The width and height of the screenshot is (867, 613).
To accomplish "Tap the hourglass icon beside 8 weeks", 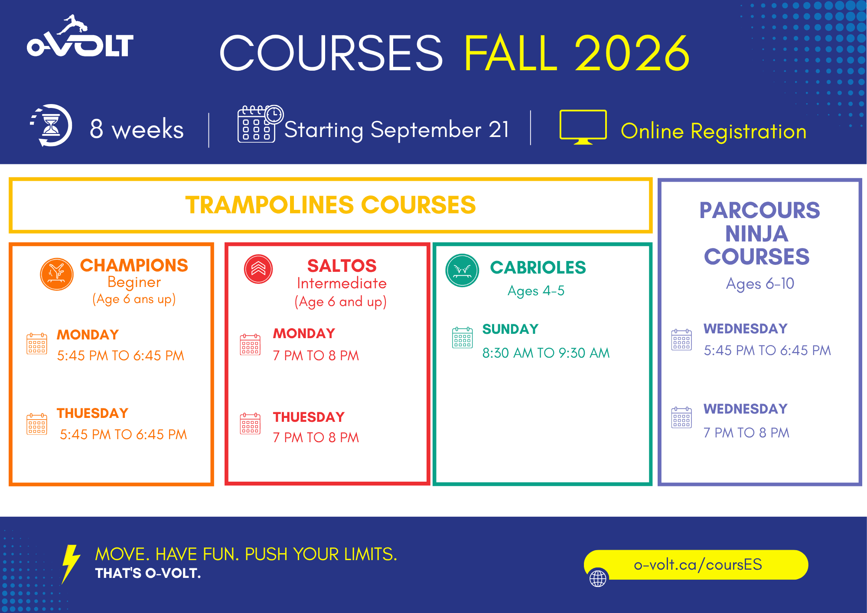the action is pos(51,126).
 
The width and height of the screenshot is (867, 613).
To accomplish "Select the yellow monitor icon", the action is pos(583,127).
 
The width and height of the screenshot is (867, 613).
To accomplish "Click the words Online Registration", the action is pos(714,131).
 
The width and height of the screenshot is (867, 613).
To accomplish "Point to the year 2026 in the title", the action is pos(632,53).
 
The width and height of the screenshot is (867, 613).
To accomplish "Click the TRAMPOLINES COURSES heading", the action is pos(330,205).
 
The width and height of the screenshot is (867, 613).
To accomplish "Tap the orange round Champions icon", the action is pos(56,274).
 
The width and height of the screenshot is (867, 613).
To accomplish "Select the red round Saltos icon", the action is pos(258,269).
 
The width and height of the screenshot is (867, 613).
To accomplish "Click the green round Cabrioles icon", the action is pos(462,270).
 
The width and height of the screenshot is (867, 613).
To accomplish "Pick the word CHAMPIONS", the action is pos(134,265).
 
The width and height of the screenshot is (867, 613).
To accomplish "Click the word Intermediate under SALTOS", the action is pos(342,284).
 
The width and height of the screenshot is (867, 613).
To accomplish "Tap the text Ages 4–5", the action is pos(536,291).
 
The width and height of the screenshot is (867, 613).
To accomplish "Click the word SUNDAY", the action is pos(510,329).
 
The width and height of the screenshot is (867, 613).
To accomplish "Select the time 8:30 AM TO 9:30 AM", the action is pos(546,353).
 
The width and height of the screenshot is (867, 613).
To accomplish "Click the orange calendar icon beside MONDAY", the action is pos(37,343).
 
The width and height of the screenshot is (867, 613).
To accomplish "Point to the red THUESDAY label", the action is pos(309,417).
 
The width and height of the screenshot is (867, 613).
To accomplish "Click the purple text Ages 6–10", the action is pos(760,284).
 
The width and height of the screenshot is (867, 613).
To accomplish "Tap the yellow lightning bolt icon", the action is pos(71,564).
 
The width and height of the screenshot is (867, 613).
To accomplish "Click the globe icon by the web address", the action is pos(598,578).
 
